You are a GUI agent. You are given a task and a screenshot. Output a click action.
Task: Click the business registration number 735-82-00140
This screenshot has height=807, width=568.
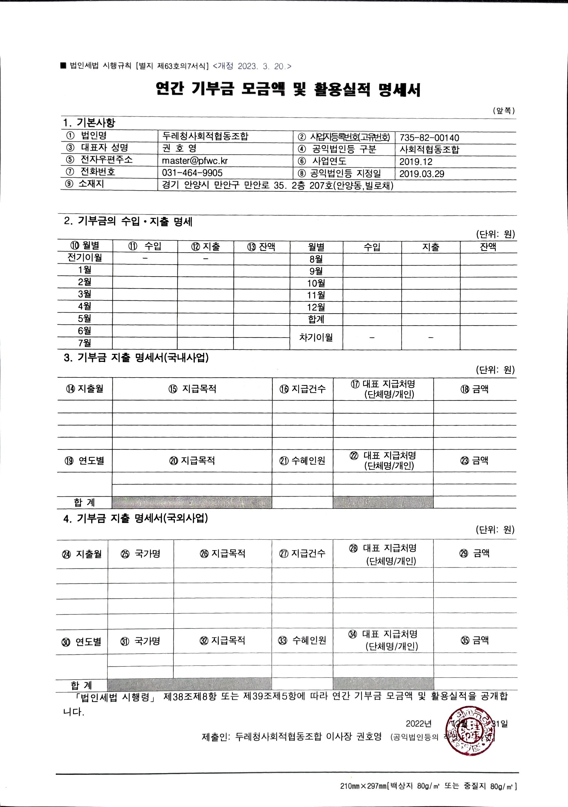click(429, 138)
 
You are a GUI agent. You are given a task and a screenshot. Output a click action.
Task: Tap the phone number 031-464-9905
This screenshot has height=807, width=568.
click(192, 173)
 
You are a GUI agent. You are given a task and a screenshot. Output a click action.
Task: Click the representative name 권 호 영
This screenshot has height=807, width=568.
click(179, 148)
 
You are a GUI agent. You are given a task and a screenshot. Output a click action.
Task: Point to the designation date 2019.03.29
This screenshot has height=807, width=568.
click(422, 174)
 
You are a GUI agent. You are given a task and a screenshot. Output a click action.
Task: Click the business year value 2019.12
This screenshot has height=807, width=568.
click(416, 162)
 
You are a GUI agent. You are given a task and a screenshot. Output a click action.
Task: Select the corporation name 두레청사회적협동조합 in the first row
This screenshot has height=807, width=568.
click(205, 136)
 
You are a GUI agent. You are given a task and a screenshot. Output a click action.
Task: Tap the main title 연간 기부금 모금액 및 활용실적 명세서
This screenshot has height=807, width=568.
click(288, 90)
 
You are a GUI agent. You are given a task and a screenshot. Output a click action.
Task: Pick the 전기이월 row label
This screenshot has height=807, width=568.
click(85, 258)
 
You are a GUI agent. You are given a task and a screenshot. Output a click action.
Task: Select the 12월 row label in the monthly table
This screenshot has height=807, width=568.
click(316, 307)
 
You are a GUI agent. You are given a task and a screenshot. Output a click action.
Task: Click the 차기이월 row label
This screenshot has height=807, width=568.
click(316, 337)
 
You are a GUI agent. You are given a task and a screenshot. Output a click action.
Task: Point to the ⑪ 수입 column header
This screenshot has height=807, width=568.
click(145, 246)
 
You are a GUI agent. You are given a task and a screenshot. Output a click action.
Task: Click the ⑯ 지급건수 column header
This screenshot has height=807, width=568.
click(303, 389)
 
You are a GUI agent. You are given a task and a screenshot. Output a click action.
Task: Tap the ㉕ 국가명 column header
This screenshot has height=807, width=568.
click(141, 554)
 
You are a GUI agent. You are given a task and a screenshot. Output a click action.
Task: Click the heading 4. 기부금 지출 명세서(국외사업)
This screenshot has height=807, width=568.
click(135, 518)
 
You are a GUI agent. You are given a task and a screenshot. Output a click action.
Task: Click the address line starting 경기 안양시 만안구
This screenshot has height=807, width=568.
click(277, 185)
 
